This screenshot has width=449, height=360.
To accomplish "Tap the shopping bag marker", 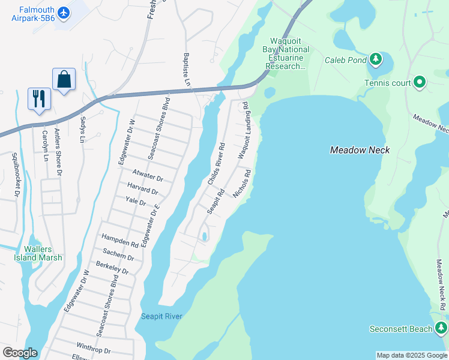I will (64, 79).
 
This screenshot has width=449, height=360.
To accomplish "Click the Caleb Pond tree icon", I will (375, 59).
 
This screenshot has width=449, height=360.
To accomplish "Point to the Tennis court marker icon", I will (419, 82).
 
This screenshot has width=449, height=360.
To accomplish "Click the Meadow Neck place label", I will (360, 150).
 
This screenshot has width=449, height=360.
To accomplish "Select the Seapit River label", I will (161, 316).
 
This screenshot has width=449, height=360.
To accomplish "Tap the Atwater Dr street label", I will (148, 175).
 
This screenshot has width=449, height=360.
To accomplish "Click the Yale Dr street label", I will (136, 201).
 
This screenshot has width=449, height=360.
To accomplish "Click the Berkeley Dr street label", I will (112, 267).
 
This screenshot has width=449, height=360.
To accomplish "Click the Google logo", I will (20, 353).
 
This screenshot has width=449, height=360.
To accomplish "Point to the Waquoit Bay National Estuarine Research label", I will (286, 58).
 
